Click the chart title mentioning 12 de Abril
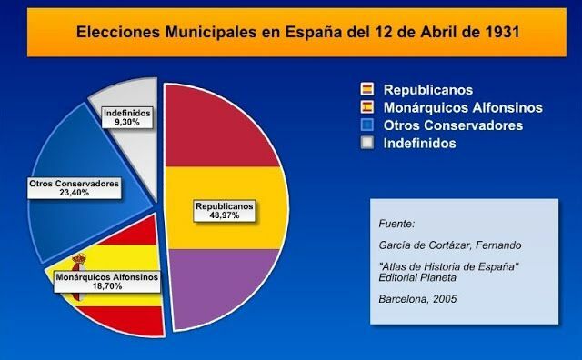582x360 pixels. [291, 32]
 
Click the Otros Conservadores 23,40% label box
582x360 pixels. [75, 188]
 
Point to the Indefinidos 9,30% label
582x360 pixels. [127, 117]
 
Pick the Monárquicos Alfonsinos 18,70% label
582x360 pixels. [106, 279]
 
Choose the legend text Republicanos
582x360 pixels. [427, 90]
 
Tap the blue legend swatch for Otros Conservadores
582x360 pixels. [367, 125]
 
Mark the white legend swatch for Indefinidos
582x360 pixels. [367, 143]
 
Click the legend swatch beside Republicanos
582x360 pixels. [367, 90]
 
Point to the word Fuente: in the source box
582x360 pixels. [396, 223]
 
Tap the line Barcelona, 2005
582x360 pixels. [417, 297]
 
